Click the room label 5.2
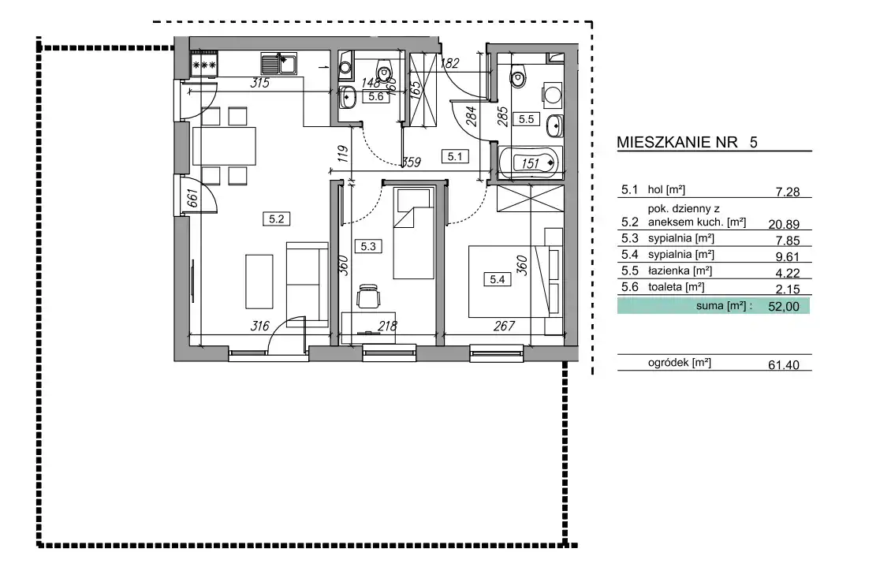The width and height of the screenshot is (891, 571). pyautogui.click(x=276, y=218)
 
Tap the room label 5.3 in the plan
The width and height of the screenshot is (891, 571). pyautogui.click(x=368, y=246)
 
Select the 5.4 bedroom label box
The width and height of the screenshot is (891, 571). pyautogui.click(x=498, y=279)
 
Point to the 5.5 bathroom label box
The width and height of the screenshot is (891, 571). pyautogui.click(x=526, y=119)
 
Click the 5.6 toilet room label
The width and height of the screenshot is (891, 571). pyautogui.click(x=375, y=96)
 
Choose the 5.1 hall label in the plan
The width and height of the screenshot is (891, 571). pyautogui.click(x=455, y=156)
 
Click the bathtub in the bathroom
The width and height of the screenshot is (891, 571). pyautogui.click(x=530, y=163)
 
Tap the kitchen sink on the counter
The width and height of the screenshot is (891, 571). pyautogui.click(x=279, y=64)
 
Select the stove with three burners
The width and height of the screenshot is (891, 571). pyautogui.click(x=203, y=64)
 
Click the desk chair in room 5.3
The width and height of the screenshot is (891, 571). pyautogui.click(x=368, y=296)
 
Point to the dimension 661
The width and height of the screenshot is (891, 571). pyautogui.click(x=192, y=198)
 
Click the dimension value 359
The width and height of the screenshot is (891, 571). pyautogui.click(x=411, y=162)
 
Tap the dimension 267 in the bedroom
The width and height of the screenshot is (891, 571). pyautogui.click(x=504, y=326)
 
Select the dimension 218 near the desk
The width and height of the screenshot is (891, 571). pyautogui.click(x=387, y=326)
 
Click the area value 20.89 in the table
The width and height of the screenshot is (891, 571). pyautogui.click(x=784, y=225)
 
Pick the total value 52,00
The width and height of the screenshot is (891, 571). pyautogui.click(x=784, y=306)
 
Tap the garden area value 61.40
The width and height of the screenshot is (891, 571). pyautogui.click(x=784, y=364)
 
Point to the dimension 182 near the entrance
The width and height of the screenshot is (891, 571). pyautogui.click(x=449, y=63)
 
